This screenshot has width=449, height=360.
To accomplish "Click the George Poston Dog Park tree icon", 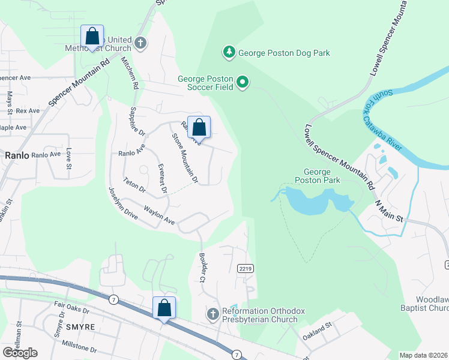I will pyautogui.click(x=229, y=53).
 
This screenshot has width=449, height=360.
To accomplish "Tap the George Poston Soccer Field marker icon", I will pyautogui.click(x=243, y=82).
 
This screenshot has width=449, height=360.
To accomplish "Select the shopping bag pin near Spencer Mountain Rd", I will pyautogui.click(x=92, y=37).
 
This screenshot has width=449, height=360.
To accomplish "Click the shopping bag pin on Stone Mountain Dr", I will pyautogui.click(x=199, y=128).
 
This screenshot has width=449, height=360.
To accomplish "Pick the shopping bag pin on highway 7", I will pyautogui.click(x=164, y=308).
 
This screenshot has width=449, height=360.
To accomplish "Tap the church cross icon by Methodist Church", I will pyautogui.click(x=140, y=43).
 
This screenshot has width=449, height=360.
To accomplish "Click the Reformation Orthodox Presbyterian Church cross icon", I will pyautogui.click(x=212, y=314).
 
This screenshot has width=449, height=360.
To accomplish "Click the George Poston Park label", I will pyautogui.click(x=318, y=176).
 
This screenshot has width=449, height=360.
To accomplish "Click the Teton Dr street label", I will pyautogui.click(x=134, y=184).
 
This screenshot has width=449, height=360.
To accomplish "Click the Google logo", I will pyautogui.click(x=20, y=352).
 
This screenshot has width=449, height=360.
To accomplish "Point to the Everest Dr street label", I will pyautogui.click(x=161, y=178).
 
